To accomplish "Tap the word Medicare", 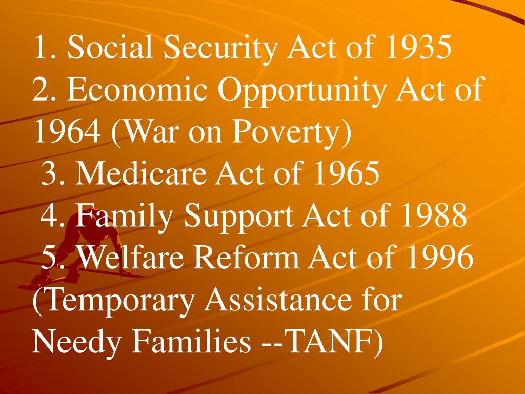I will [141, 174].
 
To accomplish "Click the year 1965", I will [347, 174].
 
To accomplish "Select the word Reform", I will [248, 258].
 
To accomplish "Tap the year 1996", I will [440, 258].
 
